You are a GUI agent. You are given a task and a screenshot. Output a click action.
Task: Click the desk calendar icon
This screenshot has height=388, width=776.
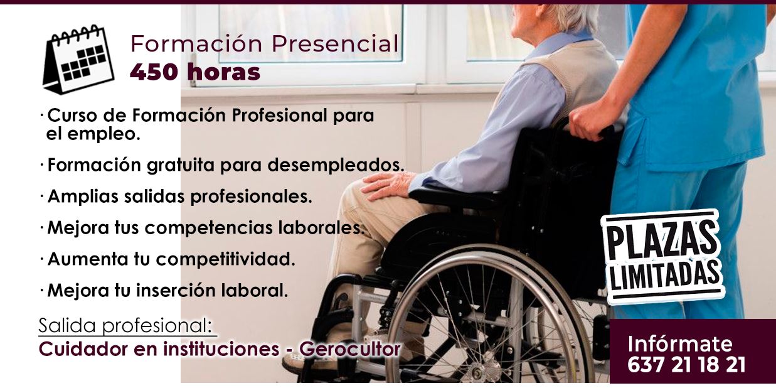tap(78, 59)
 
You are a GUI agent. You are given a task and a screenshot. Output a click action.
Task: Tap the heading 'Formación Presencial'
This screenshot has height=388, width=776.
tap(264, 44)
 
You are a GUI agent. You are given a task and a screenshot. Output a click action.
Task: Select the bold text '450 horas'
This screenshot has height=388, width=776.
tap(195, 72)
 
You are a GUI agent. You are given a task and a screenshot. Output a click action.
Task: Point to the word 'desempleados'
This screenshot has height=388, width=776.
tap(336, 164)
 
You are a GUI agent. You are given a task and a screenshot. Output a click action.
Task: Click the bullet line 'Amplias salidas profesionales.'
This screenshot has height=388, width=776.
tap(179, 197)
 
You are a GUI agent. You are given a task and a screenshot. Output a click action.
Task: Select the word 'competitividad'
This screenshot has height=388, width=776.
tap(225, 259)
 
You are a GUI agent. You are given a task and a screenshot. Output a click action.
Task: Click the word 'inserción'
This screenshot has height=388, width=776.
tap(176, 291)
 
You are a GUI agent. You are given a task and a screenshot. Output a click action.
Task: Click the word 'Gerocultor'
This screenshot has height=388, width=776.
tap(350, 349)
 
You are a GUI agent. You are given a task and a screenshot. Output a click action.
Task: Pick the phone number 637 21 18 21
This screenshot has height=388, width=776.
tap(686, 365)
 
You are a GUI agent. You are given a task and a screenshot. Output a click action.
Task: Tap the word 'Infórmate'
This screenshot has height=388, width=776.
tap(680, 343)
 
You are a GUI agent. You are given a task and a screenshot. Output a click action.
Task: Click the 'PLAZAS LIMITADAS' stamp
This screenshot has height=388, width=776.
tap(662, 257)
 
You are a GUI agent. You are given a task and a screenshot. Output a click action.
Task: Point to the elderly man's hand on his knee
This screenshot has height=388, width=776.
tap(387, 185)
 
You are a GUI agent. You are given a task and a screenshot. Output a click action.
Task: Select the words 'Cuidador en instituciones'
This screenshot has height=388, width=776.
tap(159, 349)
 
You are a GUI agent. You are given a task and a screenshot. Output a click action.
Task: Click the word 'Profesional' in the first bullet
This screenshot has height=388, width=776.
tap(279, 115)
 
